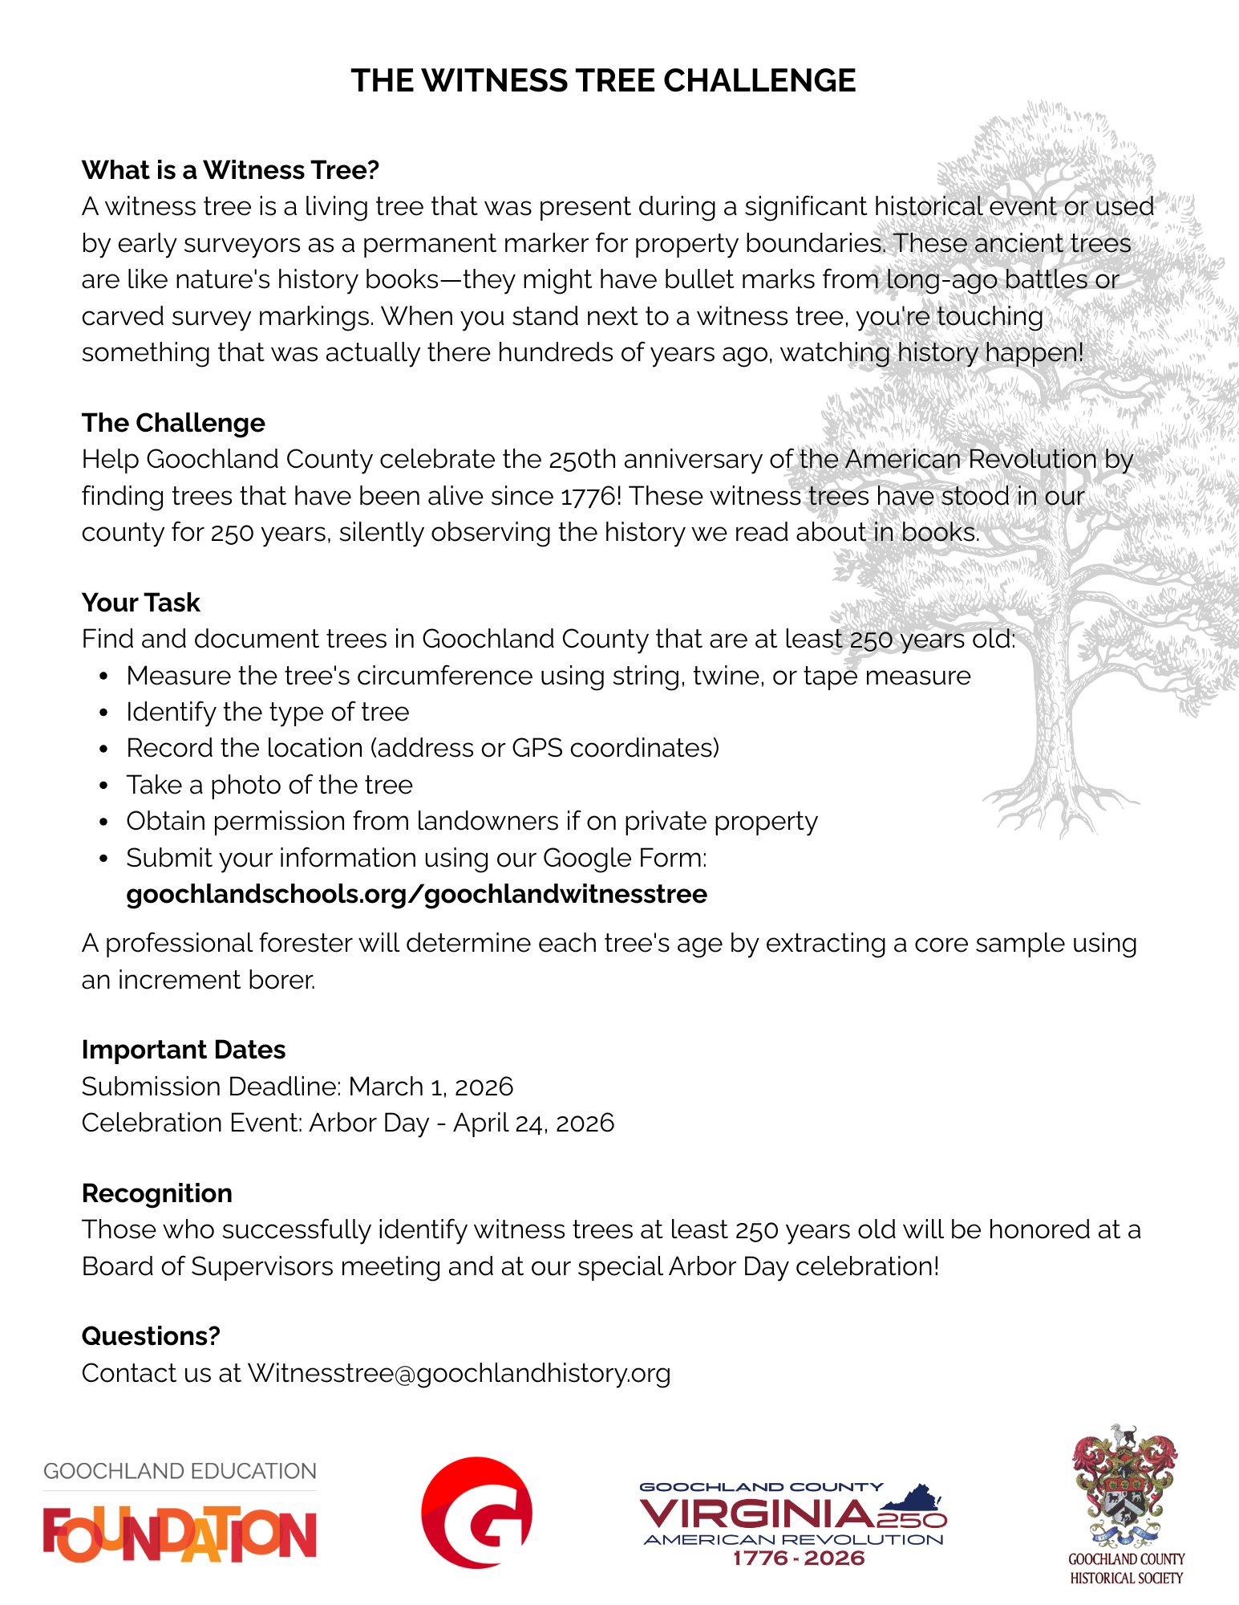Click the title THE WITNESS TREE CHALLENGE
point(603,81)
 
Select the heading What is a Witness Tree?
point(230,170)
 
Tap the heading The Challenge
point(173,423)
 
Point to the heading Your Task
point(141,603)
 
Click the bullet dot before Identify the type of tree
point(103,713)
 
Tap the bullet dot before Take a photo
point(103,786)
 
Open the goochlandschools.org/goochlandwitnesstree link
point(416,894)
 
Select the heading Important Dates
point(184,1050)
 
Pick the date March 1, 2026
point(431,1087)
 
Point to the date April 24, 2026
point(533,1123)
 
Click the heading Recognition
point(157,1193)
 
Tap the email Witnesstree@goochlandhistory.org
point(459,1373)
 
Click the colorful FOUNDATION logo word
point(180,1534)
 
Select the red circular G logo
point(477,1513)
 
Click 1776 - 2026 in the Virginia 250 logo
point(799,1558)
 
